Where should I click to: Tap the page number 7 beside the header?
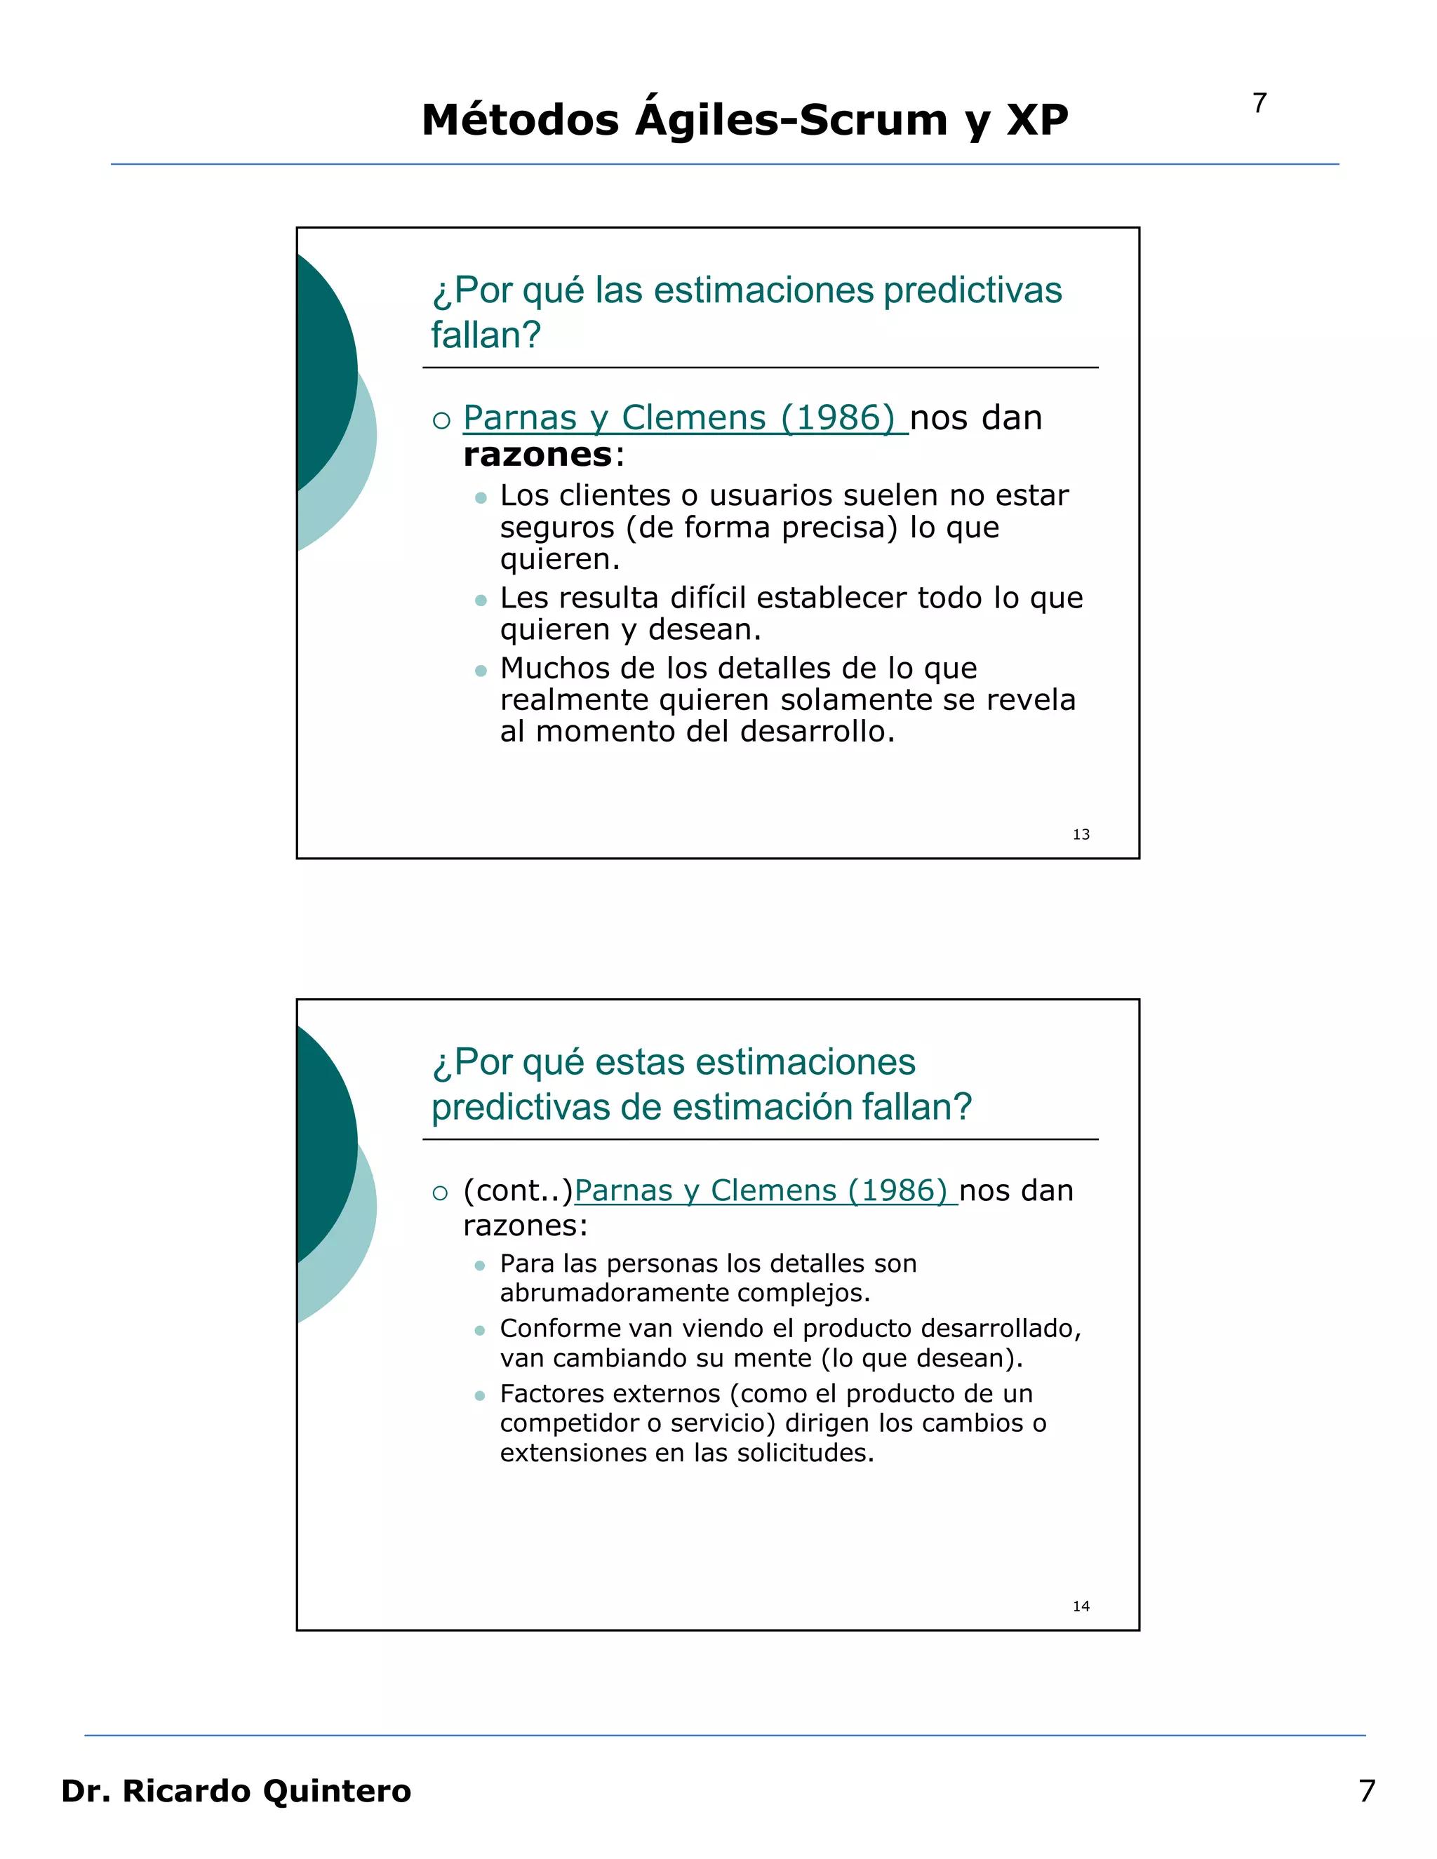click(x=1259, y=103)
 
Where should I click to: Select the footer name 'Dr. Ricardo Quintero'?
click(x=236, y=1790)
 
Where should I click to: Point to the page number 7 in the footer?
click(x=1366, y=1790)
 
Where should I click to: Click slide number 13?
click(x=1081, y=834)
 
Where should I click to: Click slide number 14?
click(x=1081, y=1606)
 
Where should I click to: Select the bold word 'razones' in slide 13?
click(x=538, y=455)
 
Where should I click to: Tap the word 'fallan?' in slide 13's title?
click(x=486, y=335)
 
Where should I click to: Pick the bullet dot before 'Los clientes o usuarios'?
click(x=481, y=497)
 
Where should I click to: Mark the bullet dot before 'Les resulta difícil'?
click(x=481, y=600)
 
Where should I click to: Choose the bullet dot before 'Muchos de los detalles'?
click(x=481, y=671)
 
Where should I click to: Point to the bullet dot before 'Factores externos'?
click(x=480, y=1395)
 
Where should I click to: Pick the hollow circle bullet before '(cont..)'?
click(x=440, y=1193)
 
